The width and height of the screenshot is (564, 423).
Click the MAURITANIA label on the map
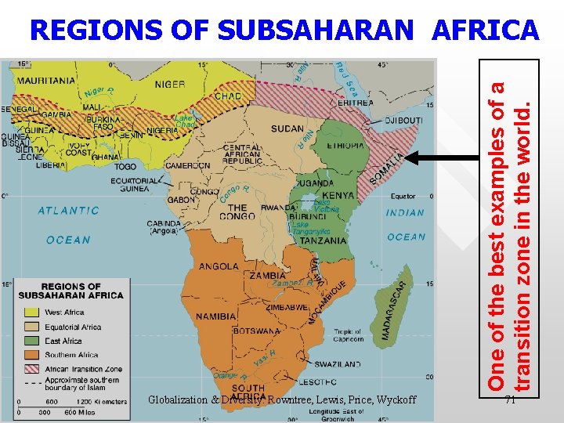[47, 80]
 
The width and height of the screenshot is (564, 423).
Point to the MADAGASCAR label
[396, 310]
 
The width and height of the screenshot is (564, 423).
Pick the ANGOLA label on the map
[219, 266]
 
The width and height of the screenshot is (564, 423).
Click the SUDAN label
[287, 128]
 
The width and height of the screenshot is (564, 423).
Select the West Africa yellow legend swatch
[30, 313]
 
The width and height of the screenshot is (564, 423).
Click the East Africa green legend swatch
[30, 341]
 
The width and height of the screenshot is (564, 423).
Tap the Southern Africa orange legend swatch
[30, 355]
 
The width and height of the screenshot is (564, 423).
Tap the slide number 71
[510, 400]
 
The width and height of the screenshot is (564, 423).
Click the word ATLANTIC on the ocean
[69, 210]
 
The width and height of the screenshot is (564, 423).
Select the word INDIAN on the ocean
[405, 212]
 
